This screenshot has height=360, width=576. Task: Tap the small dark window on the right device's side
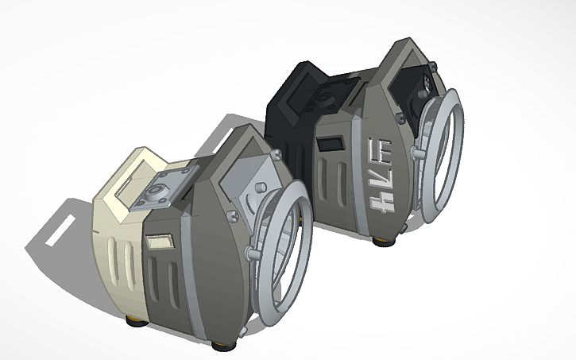(328, 146)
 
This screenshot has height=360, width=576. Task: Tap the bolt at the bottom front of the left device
(253, 254)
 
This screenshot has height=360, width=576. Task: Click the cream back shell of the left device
(111, 254)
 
